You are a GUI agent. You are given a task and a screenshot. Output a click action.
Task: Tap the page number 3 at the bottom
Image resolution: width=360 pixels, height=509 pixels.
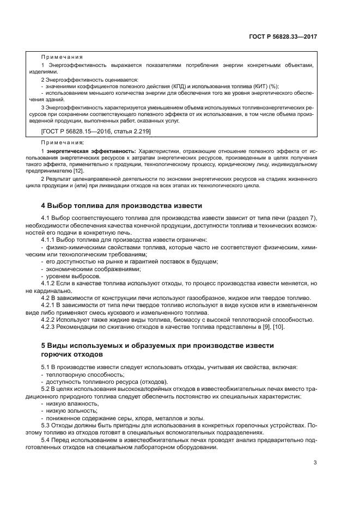click(x=315, y=463)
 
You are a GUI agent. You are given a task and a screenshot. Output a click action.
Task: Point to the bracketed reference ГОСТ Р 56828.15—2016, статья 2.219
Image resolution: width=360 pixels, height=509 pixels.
click(x=96, y=132)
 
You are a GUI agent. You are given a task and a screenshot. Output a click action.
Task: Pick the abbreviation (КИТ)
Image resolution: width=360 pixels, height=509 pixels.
click(x=254, y=85)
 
